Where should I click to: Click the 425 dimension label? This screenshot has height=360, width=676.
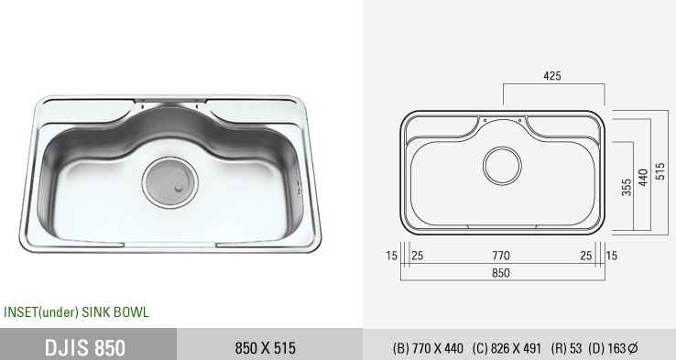552,76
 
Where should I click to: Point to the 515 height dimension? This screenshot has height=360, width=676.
660,171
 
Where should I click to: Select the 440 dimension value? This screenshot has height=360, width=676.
643,178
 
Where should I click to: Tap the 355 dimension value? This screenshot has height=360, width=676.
627,187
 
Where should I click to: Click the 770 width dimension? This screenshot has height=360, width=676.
501,256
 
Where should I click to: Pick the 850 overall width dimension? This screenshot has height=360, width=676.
501,273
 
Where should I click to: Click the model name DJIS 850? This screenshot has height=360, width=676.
85,347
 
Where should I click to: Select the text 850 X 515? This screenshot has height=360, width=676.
266,348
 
